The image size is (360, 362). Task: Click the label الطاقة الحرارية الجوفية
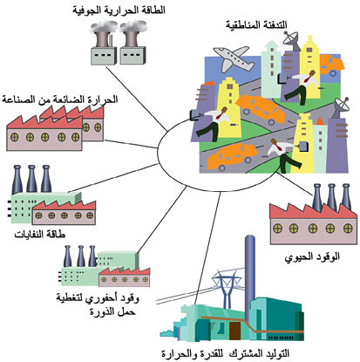pyautogui.click(x=119, y=10)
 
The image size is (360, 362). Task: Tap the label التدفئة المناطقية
pyautogui.click(x=256, y=24)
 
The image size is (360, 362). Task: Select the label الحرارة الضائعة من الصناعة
pyautogui.click(x=60, y=99)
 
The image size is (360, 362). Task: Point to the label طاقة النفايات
pyautogui.click(x=40, y=235)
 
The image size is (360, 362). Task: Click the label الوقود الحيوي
pyautogui.click(x=312, y=257)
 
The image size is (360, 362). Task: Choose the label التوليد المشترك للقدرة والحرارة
pyautogui.click(x=225, y=353)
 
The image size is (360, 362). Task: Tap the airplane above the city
pyautogui.click(x=234, y=59)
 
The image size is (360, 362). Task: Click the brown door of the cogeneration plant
pyautogui.click(x=234, y=331)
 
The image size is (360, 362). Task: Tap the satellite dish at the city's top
pyautogui.click(x=292, y=40)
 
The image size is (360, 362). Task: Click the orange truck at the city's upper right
pyautogui.click(x=331, y=65)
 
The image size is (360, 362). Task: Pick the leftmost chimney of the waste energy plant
pyautogui.click(x=17, y=179)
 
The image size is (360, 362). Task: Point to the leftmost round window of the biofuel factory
pyautogui.click(x=278, y=229)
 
